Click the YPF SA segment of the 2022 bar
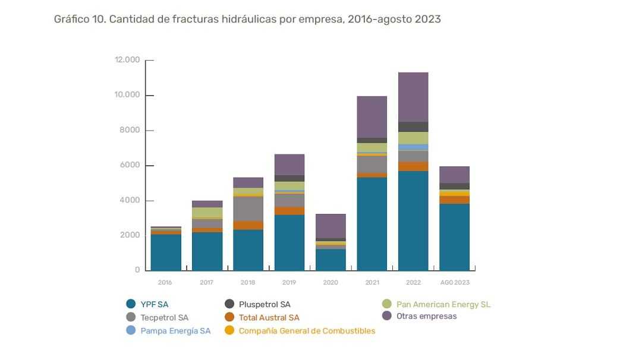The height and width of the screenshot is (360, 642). point(413,221)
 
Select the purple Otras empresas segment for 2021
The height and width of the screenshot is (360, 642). point(372,117)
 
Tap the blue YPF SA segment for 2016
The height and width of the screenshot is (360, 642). point(166,252)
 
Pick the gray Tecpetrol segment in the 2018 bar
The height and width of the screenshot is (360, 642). point(248,209)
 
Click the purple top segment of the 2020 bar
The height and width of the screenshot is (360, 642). point(331,226)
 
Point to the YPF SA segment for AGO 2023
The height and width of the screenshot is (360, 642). point(455,237)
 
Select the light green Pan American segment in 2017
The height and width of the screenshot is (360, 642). point(207,213)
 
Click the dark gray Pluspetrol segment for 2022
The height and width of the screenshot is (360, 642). point(413,127)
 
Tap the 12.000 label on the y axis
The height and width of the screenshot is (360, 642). point(127,60)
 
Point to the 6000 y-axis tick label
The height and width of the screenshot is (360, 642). point(130,165)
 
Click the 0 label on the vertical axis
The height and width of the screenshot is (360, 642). point(137,270)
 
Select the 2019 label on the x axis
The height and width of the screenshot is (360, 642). point(289,282)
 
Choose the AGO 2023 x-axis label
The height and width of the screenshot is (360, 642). point(455,282)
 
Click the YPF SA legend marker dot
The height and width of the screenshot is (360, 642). point(131,304)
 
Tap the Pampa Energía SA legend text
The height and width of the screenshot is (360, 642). point(175,330)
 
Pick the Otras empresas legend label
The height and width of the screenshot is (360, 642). point(427,316)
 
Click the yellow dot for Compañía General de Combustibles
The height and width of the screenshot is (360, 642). point(229,330)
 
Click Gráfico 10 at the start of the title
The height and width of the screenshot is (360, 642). point(80,19)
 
